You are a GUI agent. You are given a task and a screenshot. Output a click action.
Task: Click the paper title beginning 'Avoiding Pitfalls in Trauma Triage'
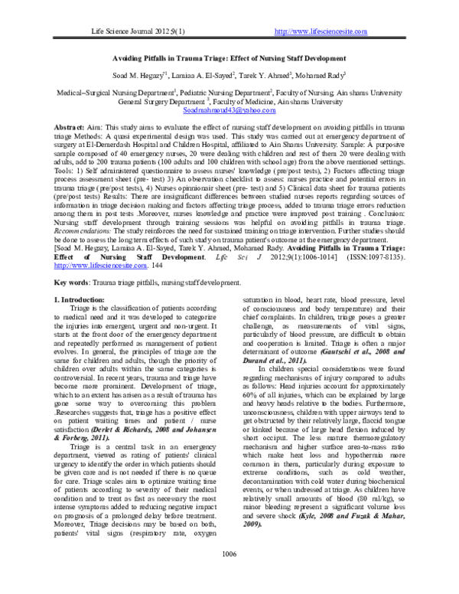click(229, 58)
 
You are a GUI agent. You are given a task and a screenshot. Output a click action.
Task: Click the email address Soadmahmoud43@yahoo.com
click(229, 110)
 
